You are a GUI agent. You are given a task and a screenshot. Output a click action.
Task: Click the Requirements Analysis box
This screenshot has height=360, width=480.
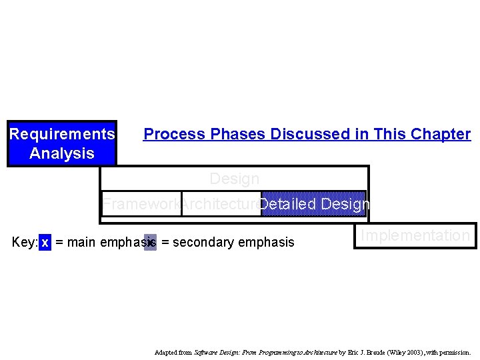(62, 143)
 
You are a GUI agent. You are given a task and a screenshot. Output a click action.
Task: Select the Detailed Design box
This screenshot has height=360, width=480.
(313, 204)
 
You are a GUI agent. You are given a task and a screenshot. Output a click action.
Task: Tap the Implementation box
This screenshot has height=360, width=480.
(415, 235)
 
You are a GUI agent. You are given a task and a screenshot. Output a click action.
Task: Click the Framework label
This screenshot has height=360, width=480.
(141, 205)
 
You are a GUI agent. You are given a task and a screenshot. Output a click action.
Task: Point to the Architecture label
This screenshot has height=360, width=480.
(221, 205)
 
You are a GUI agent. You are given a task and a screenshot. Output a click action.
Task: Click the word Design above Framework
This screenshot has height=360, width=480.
(234, 179)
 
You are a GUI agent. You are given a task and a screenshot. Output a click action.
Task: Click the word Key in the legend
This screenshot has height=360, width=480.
(24, 242)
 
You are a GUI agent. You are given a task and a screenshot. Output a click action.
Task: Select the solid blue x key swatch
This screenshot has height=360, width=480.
(45, 242)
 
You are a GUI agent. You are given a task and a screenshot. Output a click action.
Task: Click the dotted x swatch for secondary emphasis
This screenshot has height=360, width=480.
(151, 242)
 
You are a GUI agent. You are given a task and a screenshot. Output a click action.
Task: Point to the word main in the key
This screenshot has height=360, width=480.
(82, 242)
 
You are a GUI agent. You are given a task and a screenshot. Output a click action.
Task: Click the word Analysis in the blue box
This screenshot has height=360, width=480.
(62, 153)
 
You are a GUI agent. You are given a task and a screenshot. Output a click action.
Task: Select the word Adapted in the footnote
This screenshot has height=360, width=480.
(165, 352)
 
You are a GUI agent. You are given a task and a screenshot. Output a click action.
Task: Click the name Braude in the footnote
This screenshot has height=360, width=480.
(373, 352)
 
